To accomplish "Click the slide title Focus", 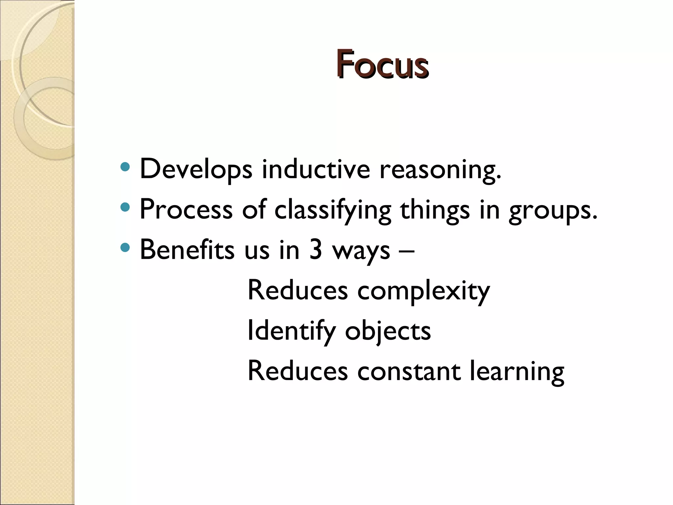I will (x=382, y=64).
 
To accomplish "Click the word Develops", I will (x=196, y=170).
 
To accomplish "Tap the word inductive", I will (x=316, y=169).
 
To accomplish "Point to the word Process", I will (x=186, y=209).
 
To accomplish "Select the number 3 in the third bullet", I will (x=315, y=250).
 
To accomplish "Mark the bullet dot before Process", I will (x=125, y=207).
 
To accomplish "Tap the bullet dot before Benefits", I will (x=125, y=247).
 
